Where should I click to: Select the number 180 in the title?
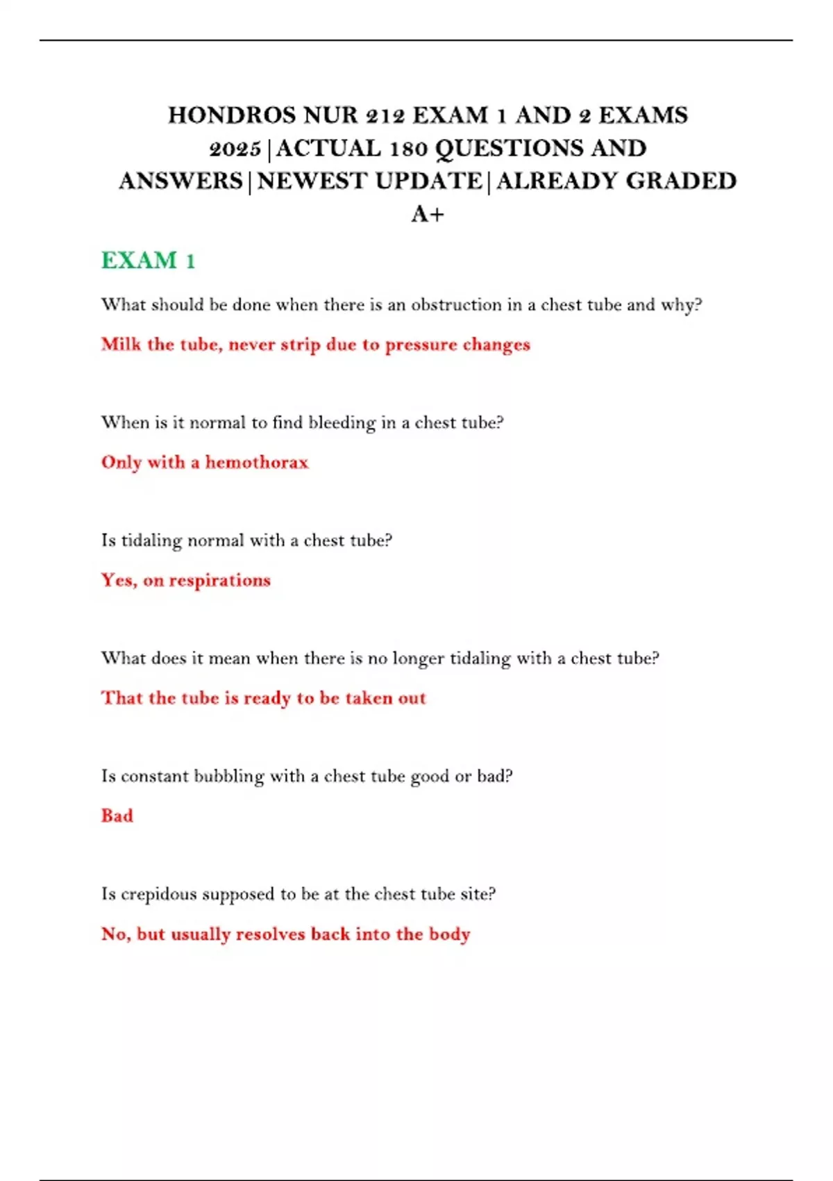click(409, 149)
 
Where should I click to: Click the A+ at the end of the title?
click(428, 214)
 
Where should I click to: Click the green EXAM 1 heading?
click(148, 261)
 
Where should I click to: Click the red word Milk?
click(121, 345)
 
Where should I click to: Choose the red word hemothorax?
click(256, 463)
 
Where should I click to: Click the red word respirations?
click(219, 581)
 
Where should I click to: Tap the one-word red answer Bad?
click(117, 816)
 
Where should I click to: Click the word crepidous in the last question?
click(159, 895)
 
